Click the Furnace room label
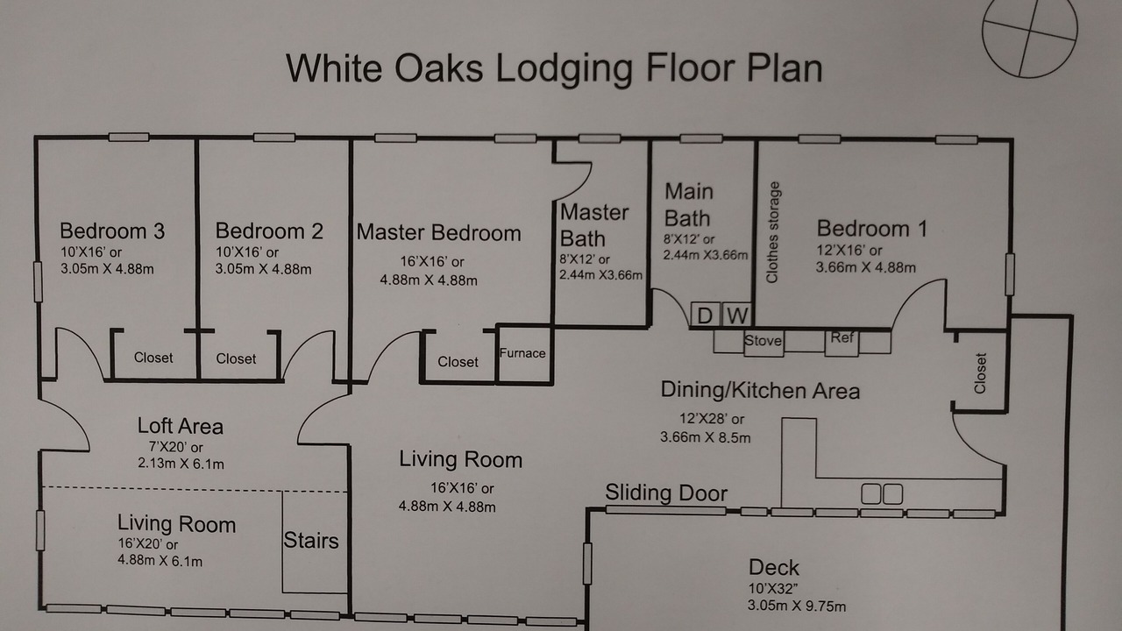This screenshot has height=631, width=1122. tap(522, 353)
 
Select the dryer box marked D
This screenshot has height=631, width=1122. tap(706, 315)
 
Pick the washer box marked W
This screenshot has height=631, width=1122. tap(737, 315)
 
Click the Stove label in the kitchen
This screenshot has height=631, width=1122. tap(763, 341)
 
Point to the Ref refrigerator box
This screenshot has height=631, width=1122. tap(841, 343)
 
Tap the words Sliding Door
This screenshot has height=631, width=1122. tap(666, 493)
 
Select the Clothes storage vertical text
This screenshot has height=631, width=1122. tap(772, 232)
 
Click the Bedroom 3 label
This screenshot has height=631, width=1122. tap(112, 230)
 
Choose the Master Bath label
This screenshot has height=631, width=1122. tap(594, 225)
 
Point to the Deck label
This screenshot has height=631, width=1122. tap(774, 567)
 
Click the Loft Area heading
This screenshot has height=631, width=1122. tap(181, 426)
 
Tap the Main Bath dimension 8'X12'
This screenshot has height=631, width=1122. tap(689, 239)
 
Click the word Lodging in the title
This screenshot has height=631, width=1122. tap(565, 69)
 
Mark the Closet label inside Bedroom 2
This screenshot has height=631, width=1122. tap(236, 358)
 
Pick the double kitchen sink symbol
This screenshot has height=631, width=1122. tap(882, 493)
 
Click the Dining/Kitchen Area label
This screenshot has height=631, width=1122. tap(760, 390)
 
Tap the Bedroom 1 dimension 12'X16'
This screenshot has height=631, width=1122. tap(849, 250)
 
